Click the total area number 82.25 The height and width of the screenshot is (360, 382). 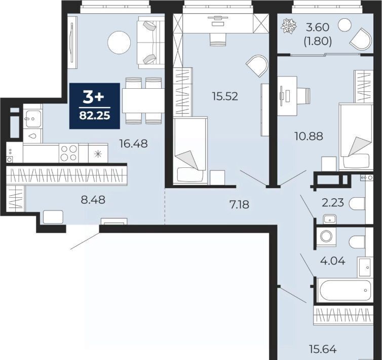tap(95, 116)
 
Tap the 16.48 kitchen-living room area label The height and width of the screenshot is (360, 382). tap(134, 143)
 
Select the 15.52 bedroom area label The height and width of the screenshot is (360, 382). tap(225, 96)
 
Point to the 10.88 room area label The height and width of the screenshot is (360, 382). tap(309, 136)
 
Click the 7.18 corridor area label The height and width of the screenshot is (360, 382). tap(240, 204)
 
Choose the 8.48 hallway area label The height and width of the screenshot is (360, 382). tap(93, 199)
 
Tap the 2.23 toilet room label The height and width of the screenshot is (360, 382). tap(333, 202)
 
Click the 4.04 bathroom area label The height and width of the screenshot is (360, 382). tap(332, 261)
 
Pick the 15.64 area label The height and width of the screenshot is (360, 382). tap(323, 349)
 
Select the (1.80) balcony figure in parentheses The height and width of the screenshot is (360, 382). tap(318, 42)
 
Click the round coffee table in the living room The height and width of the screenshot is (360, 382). tap(119, 43)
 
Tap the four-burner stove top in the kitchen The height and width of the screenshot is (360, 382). tap(68, 153)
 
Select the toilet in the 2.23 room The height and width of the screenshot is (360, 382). tap(357, 204)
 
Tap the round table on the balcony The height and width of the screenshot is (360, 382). tap(345, 25)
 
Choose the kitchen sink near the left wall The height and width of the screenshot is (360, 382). tap(33, 119)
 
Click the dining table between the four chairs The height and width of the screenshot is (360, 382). tap(143, 100)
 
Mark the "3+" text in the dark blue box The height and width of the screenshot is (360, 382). tap(94, 97)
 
